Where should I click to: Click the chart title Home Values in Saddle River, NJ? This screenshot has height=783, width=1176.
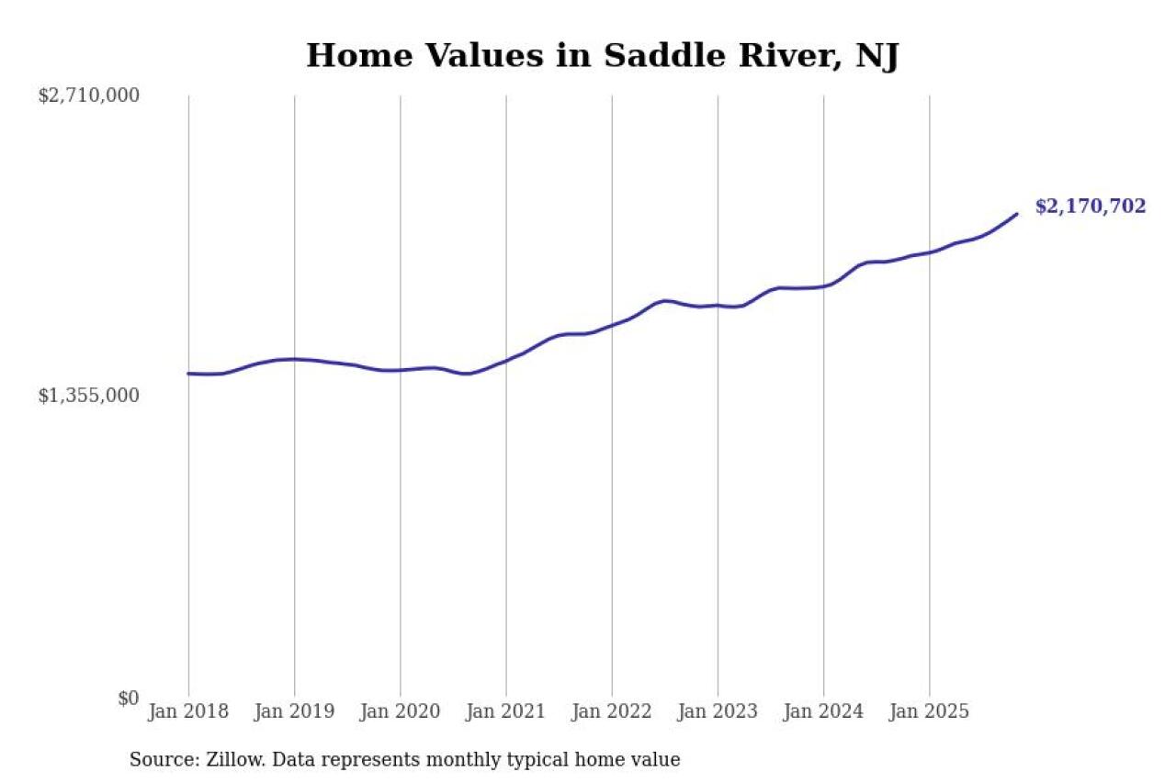click(x=602, y=56)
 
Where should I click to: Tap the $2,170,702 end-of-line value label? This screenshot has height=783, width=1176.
click(x=1090, y=207)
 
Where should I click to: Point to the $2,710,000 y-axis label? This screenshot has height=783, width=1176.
click(x=88, y=95)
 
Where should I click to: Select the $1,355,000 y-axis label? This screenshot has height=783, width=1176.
click(x=88, y=396)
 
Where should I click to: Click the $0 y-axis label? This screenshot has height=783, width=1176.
click(x=129, y=699)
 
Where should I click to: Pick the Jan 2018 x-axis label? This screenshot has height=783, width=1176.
click(x=188, y=711)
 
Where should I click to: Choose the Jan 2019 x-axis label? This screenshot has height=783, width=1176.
click(x=294, y=711)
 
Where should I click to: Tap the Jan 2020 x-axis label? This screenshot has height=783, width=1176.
click(x=400, y=711)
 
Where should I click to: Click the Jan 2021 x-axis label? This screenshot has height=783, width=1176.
click(x=505, y=711)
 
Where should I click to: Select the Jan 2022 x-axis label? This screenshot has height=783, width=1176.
click(x=611, y=711)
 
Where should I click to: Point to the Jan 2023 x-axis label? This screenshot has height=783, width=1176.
click(x=718, y=711)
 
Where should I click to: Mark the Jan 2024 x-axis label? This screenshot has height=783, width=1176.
click(x=823, y=711)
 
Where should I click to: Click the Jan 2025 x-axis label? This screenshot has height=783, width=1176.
click(x=929, y=711)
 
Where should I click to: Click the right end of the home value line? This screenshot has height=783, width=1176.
click(x=1016, y=214)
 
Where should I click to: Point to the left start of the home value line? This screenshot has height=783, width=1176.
click(x=188, y=374)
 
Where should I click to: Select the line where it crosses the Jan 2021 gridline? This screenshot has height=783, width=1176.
click(x=505, y=360)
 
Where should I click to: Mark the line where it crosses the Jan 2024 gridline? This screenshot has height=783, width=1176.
click(x=823, y=285)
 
